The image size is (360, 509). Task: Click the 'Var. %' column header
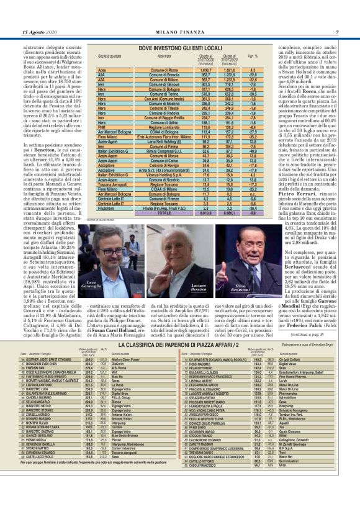point(253,56)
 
